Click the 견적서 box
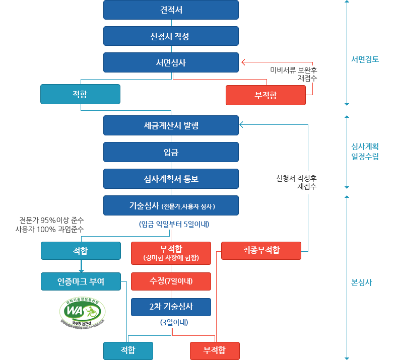pos(171,10)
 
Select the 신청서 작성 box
pos(171,36)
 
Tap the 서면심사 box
pos(171,62)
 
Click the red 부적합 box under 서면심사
pos(266,95)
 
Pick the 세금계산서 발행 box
pos(171,125)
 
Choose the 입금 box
pos(171,152)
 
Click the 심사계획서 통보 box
pos(171,179)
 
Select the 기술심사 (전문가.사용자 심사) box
pos(171,205)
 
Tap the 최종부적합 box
pos(261,250)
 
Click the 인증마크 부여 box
pos(81,281)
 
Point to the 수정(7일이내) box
pos(171,281)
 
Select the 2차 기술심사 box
pos(171,307)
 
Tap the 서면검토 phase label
pos(365,59)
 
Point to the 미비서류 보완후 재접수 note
pos(294,74)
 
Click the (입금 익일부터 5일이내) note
pos(174,224)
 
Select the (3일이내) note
pos(171,323)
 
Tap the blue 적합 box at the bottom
pos(128,350)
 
